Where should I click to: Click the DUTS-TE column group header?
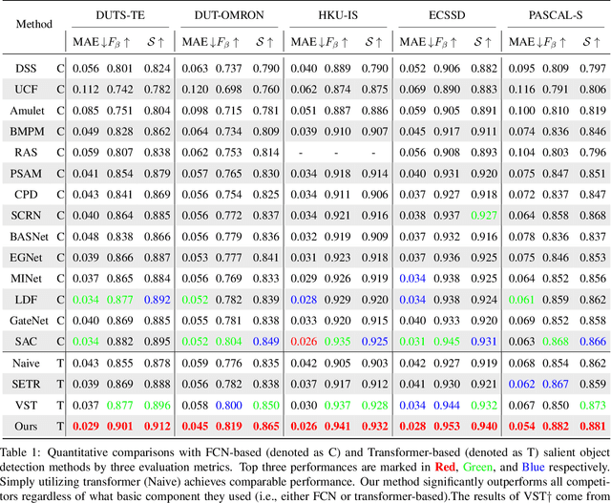pyautogui.click(x=120, y=16)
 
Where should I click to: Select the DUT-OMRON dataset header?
pyautogui.click(x=228, y=16)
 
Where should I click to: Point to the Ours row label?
pyautogui.click(x=27, y=426)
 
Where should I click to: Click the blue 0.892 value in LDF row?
pyautogui.click(x=158, y=300)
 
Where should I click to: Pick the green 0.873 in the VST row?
pyautogui.click(x=593, y=405)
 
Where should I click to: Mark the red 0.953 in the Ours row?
pyautogui.click(x=448, y=426)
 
